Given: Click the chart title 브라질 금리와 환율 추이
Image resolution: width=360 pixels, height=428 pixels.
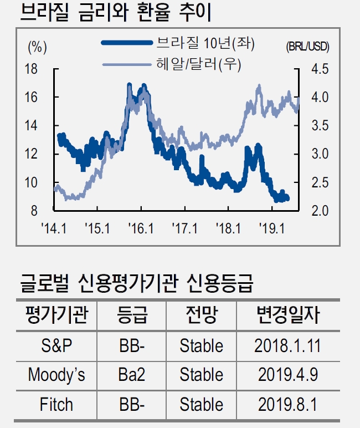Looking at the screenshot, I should [117, 13].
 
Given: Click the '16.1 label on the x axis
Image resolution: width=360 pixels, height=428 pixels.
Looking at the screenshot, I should [141, 228].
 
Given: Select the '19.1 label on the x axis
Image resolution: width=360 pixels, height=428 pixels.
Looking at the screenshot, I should [272, 228].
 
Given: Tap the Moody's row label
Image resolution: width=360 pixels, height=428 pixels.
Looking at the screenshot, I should [56, 375].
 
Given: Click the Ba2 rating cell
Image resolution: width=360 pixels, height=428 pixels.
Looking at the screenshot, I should [132, 375].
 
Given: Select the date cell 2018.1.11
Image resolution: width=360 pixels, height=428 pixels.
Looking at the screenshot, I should [287, 345].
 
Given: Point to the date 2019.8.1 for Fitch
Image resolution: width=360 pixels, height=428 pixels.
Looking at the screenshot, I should [287, 404].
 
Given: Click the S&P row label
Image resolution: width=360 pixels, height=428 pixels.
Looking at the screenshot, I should [56, 345].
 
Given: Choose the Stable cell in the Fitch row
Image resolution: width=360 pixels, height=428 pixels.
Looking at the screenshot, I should [201, 404].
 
